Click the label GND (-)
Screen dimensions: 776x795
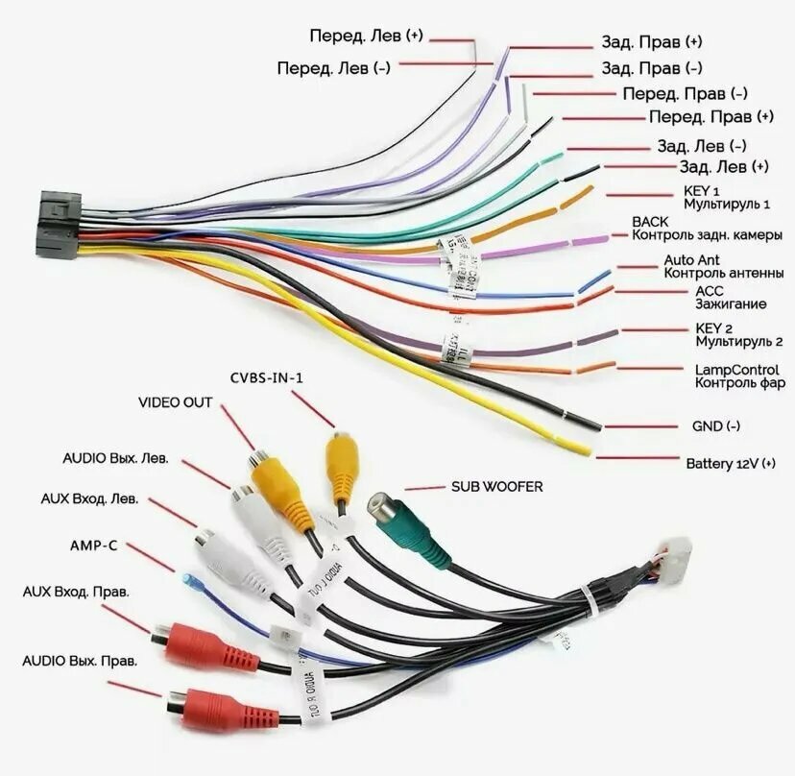tap(715, 426)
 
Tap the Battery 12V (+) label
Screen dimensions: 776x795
tap(730, 464)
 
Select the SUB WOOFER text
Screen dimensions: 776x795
tap(496, 487)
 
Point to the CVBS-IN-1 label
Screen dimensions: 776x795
tap(266, 377)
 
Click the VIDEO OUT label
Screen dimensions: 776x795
tap(175, 402)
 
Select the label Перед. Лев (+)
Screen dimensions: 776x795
tap(365, 36)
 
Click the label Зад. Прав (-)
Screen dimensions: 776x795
tap(651, 68)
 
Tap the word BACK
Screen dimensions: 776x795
tap(650, 222)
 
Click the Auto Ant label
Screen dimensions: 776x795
tap(691, 260)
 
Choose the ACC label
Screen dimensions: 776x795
tap(710, 291)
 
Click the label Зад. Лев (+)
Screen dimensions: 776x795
tap(711, 167)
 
